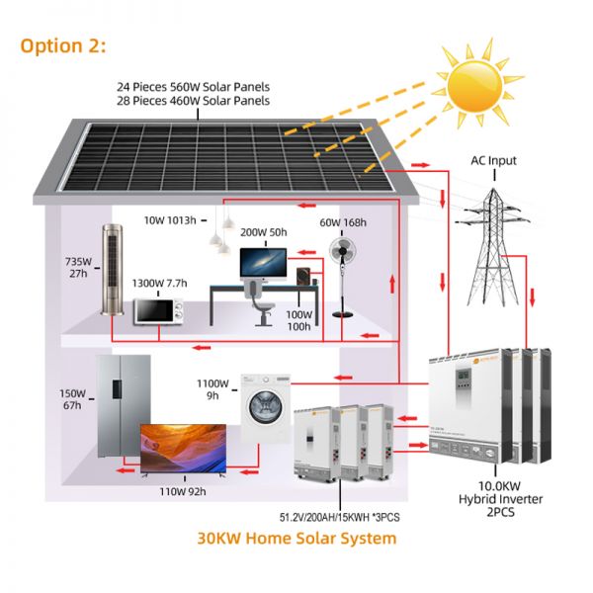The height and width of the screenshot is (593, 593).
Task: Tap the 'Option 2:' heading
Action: click(63, 46)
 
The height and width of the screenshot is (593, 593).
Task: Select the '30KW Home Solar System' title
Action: click(296, 539)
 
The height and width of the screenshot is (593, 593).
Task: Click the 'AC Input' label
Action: click(493, 161)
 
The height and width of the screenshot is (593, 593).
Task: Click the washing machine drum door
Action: click(266, 407)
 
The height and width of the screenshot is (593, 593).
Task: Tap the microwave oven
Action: click(158, 311)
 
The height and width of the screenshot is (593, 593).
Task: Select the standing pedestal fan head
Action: click(342, 251)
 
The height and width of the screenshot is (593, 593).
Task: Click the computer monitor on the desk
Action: click(263, 264)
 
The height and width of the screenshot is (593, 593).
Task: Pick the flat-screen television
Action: click(184, 449)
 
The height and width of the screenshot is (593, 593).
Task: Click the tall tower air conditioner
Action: click(113, 270)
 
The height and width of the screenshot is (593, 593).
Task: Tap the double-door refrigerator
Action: click(124, 406)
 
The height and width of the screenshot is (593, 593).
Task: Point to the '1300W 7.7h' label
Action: click(159, 284)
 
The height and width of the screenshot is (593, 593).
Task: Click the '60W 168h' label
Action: click(343, 222)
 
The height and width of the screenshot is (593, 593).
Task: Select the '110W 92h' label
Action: click(183, 491)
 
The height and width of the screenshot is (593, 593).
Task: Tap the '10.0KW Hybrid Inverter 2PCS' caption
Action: click(500, 499)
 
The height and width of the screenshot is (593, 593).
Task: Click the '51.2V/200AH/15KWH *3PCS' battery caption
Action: click(339, 517)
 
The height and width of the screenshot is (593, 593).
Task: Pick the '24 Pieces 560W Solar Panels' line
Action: click(194, 87)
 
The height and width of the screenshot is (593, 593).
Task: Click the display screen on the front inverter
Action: click(464, 376)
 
